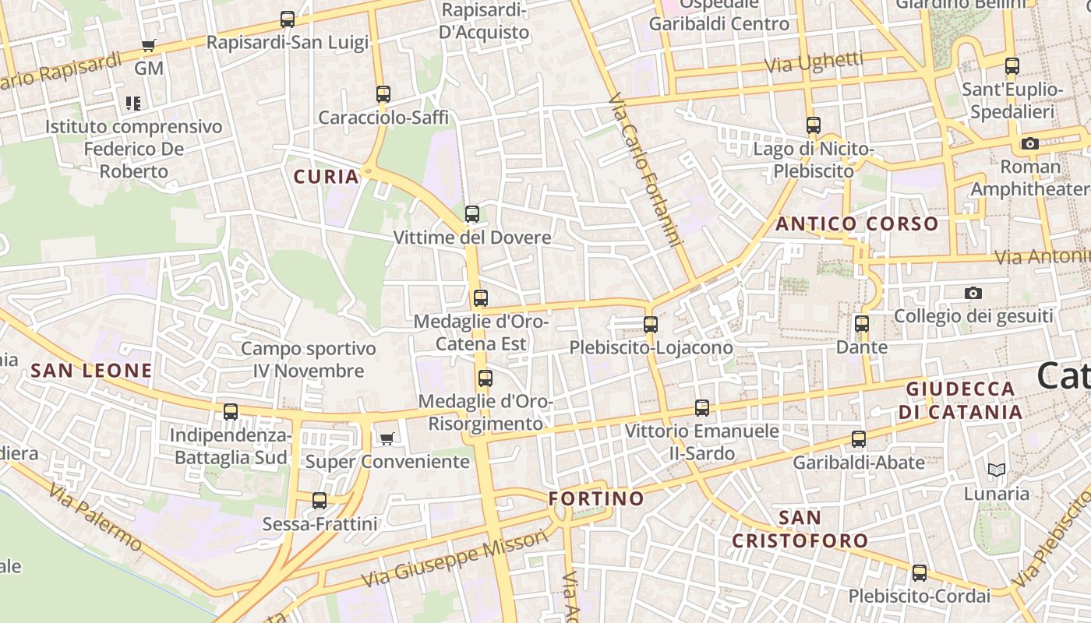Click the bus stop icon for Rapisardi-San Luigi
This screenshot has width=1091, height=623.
coord(288,19)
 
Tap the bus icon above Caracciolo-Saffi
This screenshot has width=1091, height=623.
coord(383,94)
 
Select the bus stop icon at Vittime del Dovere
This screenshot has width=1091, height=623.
coord(471,214)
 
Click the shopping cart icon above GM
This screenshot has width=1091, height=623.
coord(149,45)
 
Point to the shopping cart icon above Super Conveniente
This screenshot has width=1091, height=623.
coord(387,438)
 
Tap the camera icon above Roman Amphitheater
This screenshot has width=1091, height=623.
coord(1030,143)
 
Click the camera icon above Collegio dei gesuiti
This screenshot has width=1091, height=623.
coord(973,294)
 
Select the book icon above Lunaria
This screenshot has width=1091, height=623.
coord(996,470)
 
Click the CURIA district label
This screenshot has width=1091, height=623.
coord(327,177)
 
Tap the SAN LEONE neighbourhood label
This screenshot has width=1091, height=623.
coord(91,370)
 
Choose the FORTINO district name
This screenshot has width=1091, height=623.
coord(596,498)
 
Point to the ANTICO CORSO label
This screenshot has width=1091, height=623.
coord(857,224)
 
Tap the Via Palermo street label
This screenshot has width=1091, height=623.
coord(95,516)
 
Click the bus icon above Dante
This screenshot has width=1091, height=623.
coord(861,324)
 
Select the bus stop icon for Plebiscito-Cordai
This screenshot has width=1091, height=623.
coord(920,573)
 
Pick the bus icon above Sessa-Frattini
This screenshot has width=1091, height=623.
coord(320,501)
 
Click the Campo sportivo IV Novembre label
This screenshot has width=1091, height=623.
coord(309,360)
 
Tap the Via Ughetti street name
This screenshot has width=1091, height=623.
coord(814,62)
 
